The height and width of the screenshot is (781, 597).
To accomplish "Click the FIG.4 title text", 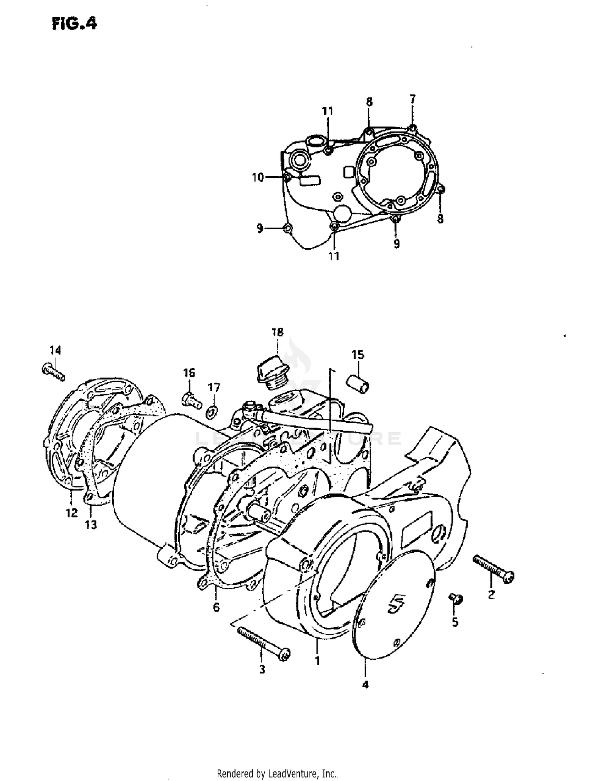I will tap(74, 24).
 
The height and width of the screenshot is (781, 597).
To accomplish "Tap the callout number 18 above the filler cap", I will tap(277, 332).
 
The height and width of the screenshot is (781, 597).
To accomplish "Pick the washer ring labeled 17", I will tap(212, 412).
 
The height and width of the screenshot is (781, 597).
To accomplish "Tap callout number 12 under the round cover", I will tap(72, 513).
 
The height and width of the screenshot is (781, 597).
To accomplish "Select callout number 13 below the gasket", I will tap(91, 525).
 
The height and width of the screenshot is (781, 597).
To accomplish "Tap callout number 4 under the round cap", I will tap(365, 685).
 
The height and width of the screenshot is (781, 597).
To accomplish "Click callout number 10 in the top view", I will tap(258, 177).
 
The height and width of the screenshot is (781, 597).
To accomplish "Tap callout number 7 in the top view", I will tap(413, 99).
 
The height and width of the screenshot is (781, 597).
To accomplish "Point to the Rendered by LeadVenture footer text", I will tap(278, 774).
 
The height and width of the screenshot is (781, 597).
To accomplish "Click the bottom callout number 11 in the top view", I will tap(334, 256).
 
